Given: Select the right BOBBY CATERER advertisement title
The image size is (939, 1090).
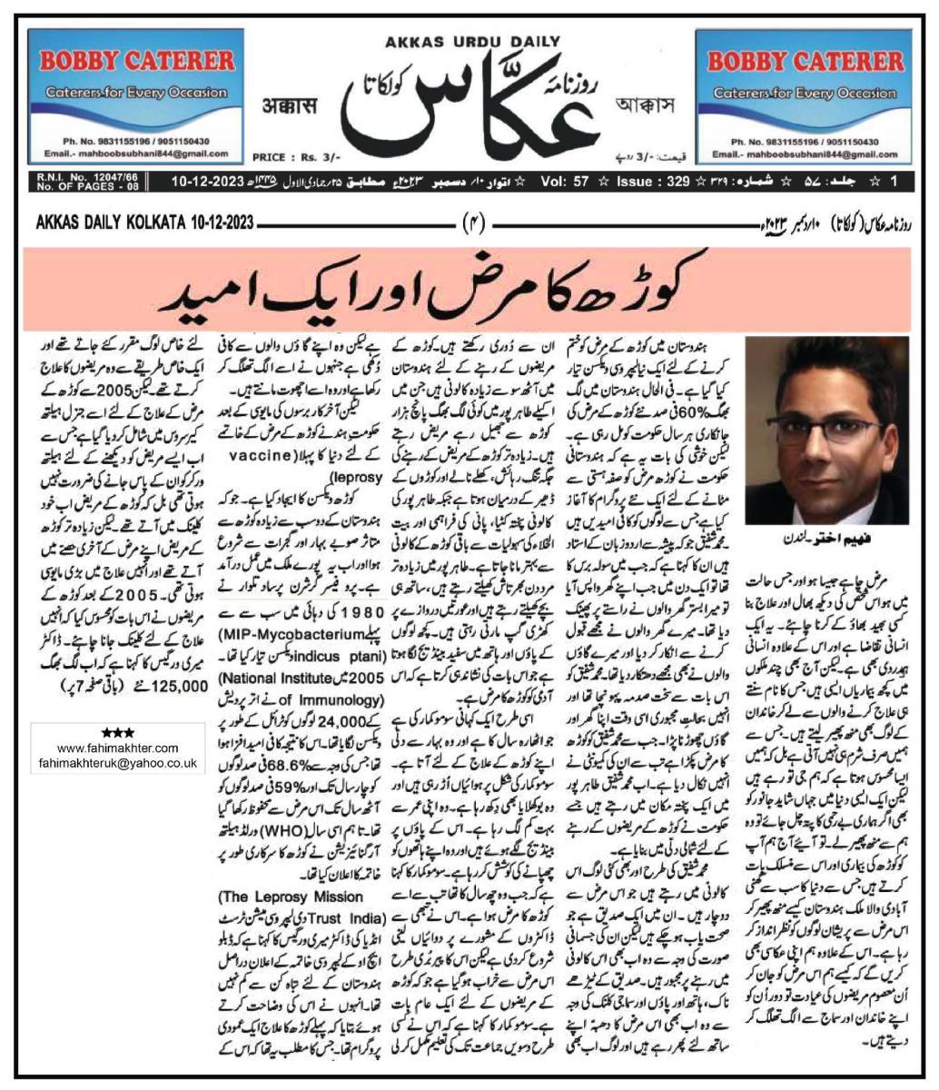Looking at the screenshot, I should [x=804, y=62].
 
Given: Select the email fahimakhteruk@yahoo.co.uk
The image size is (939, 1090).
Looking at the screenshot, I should [x=118, y=764].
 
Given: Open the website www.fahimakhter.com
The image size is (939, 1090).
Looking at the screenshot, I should [x=118, y=748].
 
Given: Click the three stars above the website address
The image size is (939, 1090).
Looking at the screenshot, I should [x=118, y=732].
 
